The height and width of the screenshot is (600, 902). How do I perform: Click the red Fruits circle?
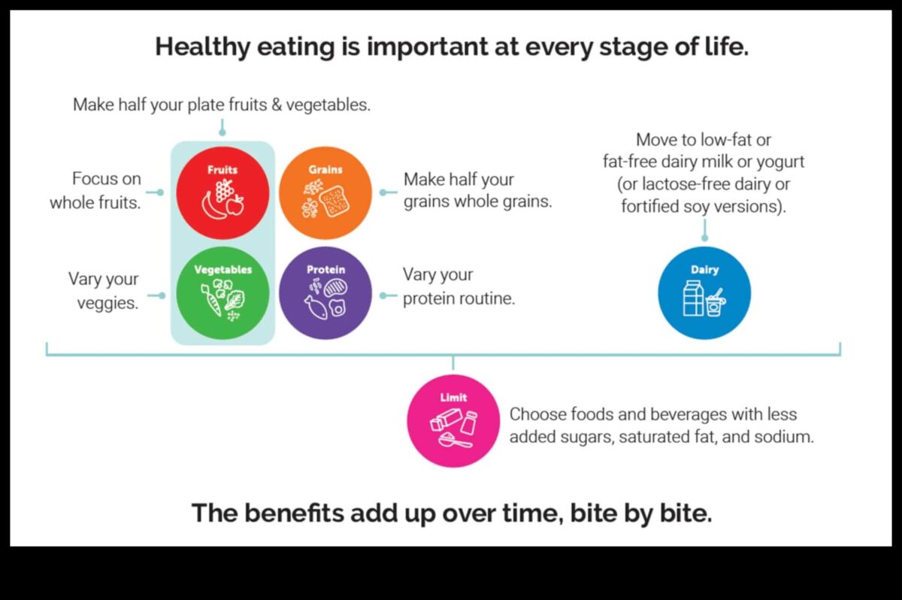(222, 193)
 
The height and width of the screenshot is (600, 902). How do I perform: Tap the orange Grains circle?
(325, 193)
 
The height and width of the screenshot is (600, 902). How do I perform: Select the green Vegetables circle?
(222, 292)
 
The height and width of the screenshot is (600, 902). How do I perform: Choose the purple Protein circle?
(325, 292)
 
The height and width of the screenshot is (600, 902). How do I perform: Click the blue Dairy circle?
(704, 292)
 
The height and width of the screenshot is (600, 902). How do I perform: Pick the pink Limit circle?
(453, 421)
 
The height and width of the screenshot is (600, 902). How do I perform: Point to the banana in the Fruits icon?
(213, 207)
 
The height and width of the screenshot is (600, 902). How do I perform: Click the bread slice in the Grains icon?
(334, 202)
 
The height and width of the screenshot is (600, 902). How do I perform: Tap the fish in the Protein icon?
(316, 308)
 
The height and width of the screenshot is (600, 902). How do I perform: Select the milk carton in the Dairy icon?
(693, 298)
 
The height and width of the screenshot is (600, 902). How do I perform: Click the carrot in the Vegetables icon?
(212, 300)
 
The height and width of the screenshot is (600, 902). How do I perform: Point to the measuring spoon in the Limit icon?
(454, 440)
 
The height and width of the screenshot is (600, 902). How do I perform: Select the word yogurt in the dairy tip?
(780, 162)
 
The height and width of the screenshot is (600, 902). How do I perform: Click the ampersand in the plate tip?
(277, 105)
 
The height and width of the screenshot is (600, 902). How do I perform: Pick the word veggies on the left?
(108, 303)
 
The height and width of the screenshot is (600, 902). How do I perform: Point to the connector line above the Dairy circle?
(704, 230)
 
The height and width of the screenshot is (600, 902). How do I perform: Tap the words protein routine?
(459, 298)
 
